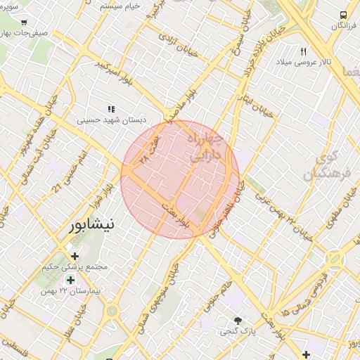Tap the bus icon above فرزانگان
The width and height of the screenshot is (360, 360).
[x=342, y=15]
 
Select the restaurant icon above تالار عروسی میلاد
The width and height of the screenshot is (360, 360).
[x=304, y=51]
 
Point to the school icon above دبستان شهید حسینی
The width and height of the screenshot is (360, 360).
[x=110, y=109]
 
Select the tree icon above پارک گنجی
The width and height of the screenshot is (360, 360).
[x=238, y=319]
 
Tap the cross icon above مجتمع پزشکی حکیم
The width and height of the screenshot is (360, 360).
[x=75, y=255]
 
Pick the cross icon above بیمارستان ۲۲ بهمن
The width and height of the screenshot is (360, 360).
[x=70, y=280]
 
